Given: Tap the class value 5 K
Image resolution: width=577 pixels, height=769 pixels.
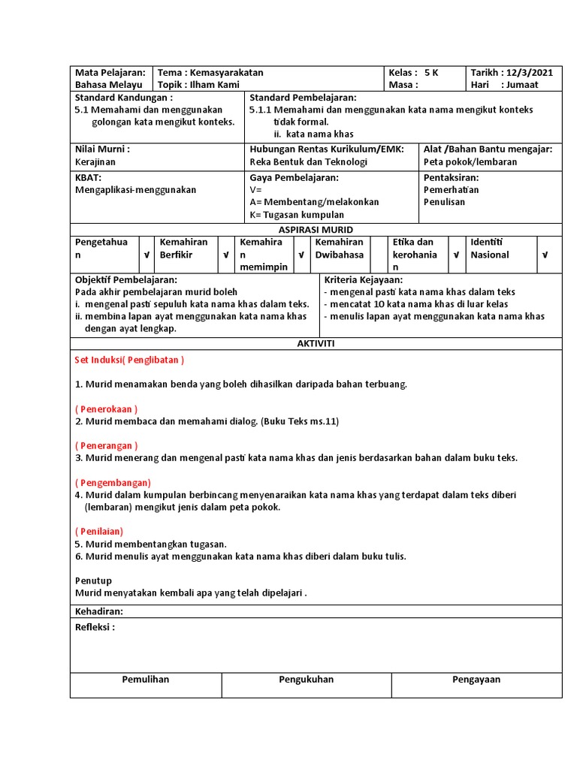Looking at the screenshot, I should pyautogui.click(x=431, y=73).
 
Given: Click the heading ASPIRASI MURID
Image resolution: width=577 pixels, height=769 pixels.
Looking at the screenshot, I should pyautogui.click(x=316, y=229).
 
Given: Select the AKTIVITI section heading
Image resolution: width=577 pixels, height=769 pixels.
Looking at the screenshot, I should pyautogui.click(x=316, y=343).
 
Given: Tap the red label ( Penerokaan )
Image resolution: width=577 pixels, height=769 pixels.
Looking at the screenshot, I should pyautogui.click(x=105, y=409).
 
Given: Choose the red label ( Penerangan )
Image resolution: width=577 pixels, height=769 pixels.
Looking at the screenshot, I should pyautogui.click(x=106, y=445).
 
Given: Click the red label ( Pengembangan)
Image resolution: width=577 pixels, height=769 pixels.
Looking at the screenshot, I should pyautogui.click(x=113, y=482).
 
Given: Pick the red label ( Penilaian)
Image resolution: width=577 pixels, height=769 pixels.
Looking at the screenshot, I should pyautogui.click(x=99, y=531).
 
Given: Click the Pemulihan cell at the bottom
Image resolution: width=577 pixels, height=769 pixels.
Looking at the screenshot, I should pyautogui.click(x=146, y=680).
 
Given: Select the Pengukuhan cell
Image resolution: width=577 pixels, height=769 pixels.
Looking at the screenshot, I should pyautogui.click(x=306, y=680).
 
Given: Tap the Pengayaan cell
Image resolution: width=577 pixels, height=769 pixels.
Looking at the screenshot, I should pyautogui.click(x=476, y=680).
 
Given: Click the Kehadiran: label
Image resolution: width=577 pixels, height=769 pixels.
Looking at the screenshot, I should pyautogui.click(x=98, y=611).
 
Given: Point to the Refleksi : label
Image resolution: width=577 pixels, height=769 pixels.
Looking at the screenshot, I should pyautogui.click(x=95, y=627).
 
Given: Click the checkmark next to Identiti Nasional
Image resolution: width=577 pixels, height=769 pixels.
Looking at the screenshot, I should pyautogui.click(x=545, y=255).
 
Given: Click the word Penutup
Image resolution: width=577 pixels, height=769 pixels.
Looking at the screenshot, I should pyautogui.click(x=93, y=581).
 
